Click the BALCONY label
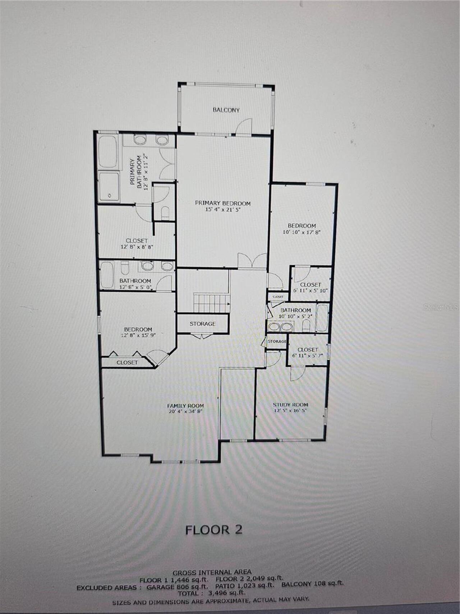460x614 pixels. [226, 110]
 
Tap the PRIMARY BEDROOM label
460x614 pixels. [222, 203]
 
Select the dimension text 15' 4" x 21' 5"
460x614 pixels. [222, 209]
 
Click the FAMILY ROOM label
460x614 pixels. [185, 405]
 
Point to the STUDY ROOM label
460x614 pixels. [290, 404]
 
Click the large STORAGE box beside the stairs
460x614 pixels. [203, 324]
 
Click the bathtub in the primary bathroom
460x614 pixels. [107, 151]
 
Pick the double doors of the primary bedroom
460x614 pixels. [252, 261]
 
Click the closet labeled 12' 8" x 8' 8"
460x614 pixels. [137, 244]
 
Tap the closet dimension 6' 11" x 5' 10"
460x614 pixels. [310, 291]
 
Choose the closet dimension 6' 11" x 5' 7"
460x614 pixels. [308, 356]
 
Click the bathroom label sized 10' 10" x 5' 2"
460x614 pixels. [295, 310]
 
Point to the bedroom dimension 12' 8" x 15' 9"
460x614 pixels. [138, 335]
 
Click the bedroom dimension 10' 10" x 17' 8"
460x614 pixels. [302, 232]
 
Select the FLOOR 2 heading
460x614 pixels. [214, 529]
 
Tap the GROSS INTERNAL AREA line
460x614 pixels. [212, 572]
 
